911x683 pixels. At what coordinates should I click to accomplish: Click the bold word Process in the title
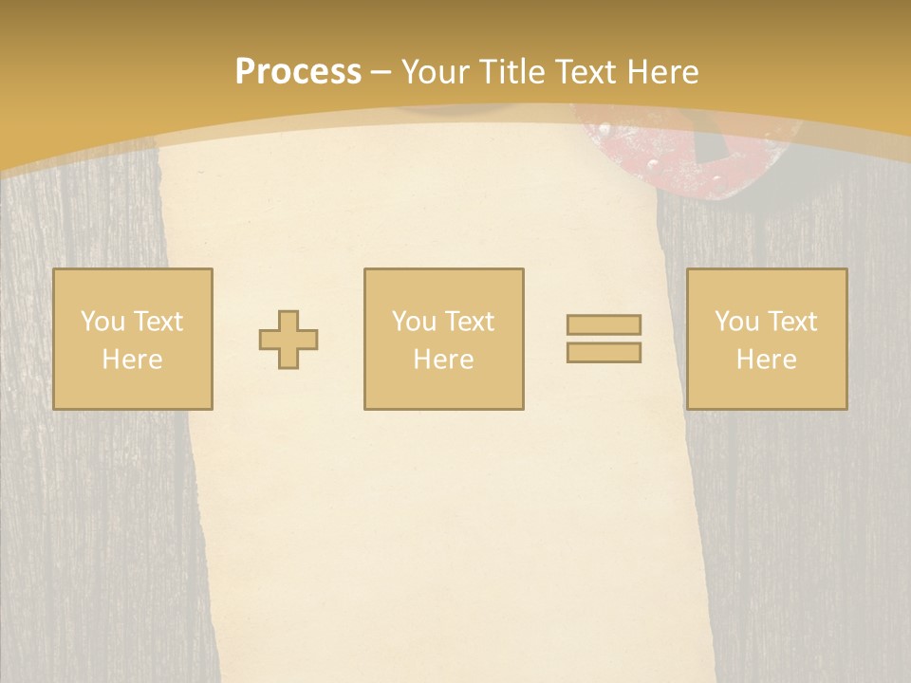click(x=298, y=72)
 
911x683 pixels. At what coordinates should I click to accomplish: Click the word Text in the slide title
click(x=587, y=72)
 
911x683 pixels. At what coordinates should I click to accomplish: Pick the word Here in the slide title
click(x=663, y=72)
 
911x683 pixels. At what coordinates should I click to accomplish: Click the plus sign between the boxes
click(x=288, y=340)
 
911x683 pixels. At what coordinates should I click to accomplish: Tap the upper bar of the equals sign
click(x=604, y=324)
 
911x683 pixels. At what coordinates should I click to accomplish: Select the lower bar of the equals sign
click(x=604, y=353)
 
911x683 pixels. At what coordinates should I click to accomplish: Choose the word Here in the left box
click(x=132, y=360)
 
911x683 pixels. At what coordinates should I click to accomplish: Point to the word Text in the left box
click(x=157, y=322)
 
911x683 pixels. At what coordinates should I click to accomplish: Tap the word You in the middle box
click(x=415, y=322)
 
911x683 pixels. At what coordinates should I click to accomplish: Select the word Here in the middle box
click(x=443, y=360)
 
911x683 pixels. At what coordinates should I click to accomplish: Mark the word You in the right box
click(x=737, y=322)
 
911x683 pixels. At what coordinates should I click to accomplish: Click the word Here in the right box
click(x=766, y=360)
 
